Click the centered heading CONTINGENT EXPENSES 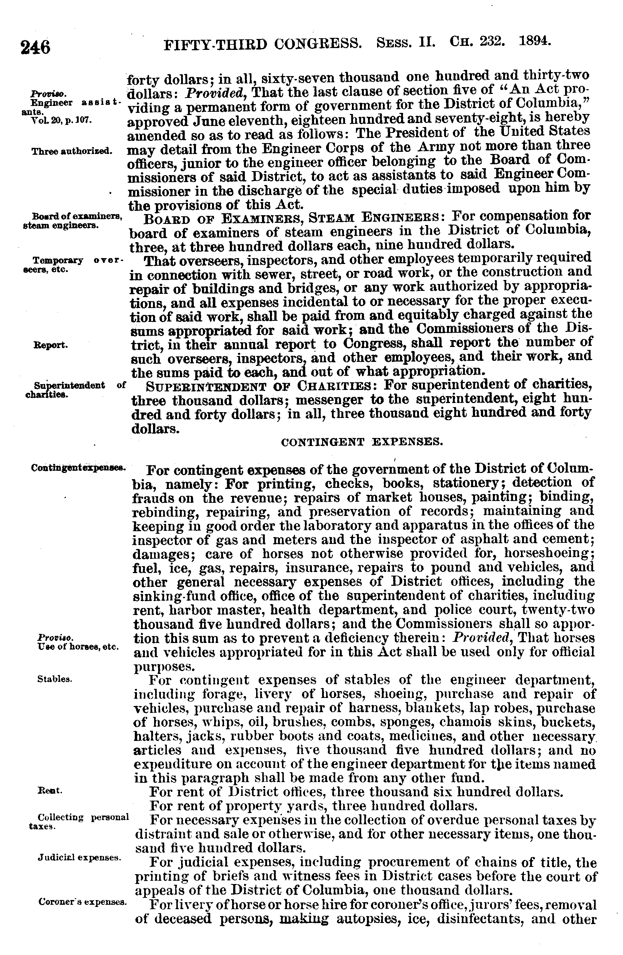362,442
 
